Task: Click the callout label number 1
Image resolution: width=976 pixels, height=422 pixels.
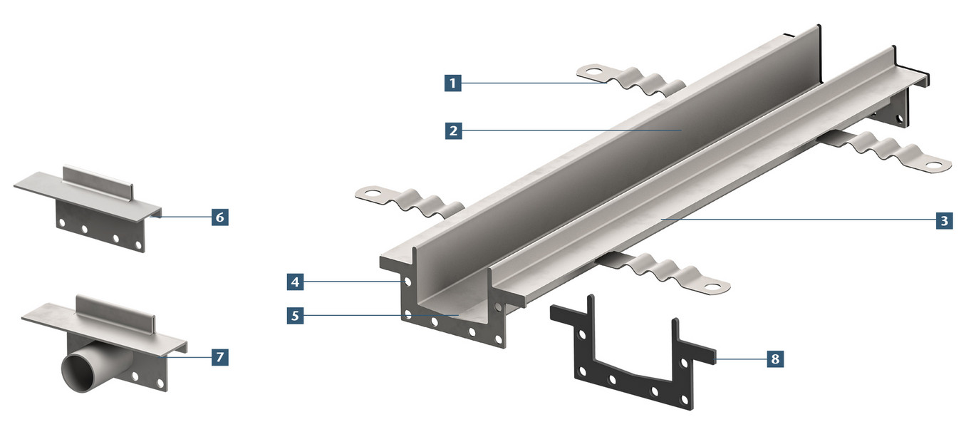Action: click(x=452, y=83)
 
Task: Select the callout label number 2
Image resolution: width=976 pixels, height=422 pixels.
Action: click(x=453, y=130)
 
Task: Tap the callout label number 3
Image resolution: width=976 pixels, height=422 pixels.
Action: click(x=944, y=220)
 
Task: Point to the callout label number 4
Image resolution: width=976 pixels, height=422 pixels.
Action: click(x=295, y=282)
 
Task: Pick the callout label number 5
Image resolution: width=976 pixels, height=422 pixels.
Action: click(x=295, y=316)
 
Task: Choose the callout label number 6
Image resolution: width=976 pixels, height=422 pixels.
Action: click(x=219, y=217)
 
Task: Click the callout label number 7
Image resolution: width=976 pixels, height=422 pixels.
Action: click(x=219, y=357)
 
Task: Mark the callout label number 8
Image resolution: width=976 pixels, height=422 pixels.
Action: click(x=775, y=359)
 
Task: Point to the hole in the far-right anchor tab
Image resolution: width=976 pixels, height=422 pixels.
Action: click(x=933, y=165)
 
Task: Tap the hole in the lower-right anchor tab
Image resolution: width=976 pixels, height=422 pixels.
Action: click(x=712, y=287)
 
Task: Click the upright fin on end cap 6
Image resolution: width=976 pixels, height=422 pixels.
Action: click(x=98, y=182)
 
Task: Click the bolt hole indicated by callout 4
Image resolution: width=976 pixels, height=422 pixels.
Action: click(x=407, y=282)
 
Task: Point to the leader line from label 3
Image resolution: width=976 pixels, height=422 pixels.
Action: click(x=798, y=220)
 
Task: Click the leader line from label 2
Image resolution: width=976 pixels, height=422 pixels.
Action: click(x=571, y=130)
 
